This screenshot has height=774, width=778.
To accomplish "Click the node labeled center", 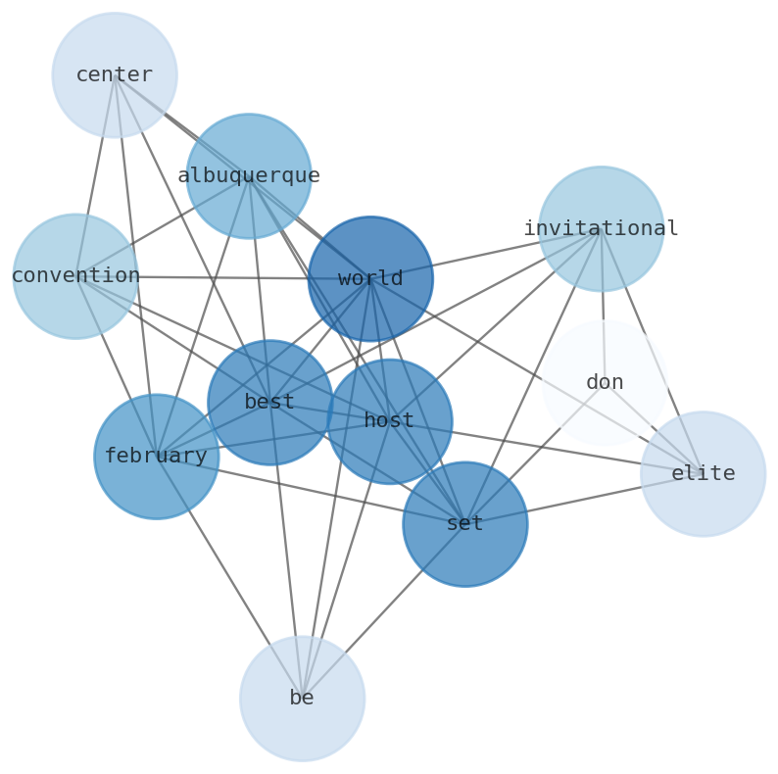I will [x=115, y=75].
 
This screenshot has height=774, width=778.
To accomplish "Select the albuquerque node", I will [x=249, y=176].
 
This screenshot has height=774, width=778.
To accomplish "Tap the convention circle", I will [x=75, y=276].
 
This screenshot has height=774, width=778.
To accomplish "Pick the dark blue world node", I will [x=370, y=279].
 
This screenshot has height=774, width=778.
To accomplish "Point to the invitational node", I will [x=602, y=229].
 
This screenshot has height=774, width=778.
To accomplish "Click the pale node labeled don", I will [x=605, y=383].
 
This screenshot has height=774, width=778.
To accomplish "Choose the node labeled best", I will [x=269, y=403].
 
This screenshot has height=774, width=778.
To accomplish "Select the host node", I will [x=389, y=421].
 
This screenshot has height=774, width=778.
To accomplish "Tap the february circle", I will [x=157, y=457].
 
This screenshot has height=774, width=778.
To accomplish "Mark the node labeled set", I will [x=465, y=524].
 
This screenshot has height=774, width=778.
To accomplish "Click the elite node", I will [x=704, y=474].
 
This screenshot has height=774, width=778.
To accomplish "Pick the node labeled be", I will [x=303, y=699].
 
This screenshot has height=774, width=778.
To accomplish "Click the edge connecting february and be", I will [x=229, y=577].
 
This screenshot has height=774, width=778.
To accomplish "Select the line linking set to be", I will [x=384, y=611].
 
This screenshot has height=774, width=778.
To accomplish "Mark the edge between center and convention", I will [x=95, y=176].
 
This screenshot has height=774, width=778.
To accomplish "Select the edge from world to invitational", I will [x=486, y=255].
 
